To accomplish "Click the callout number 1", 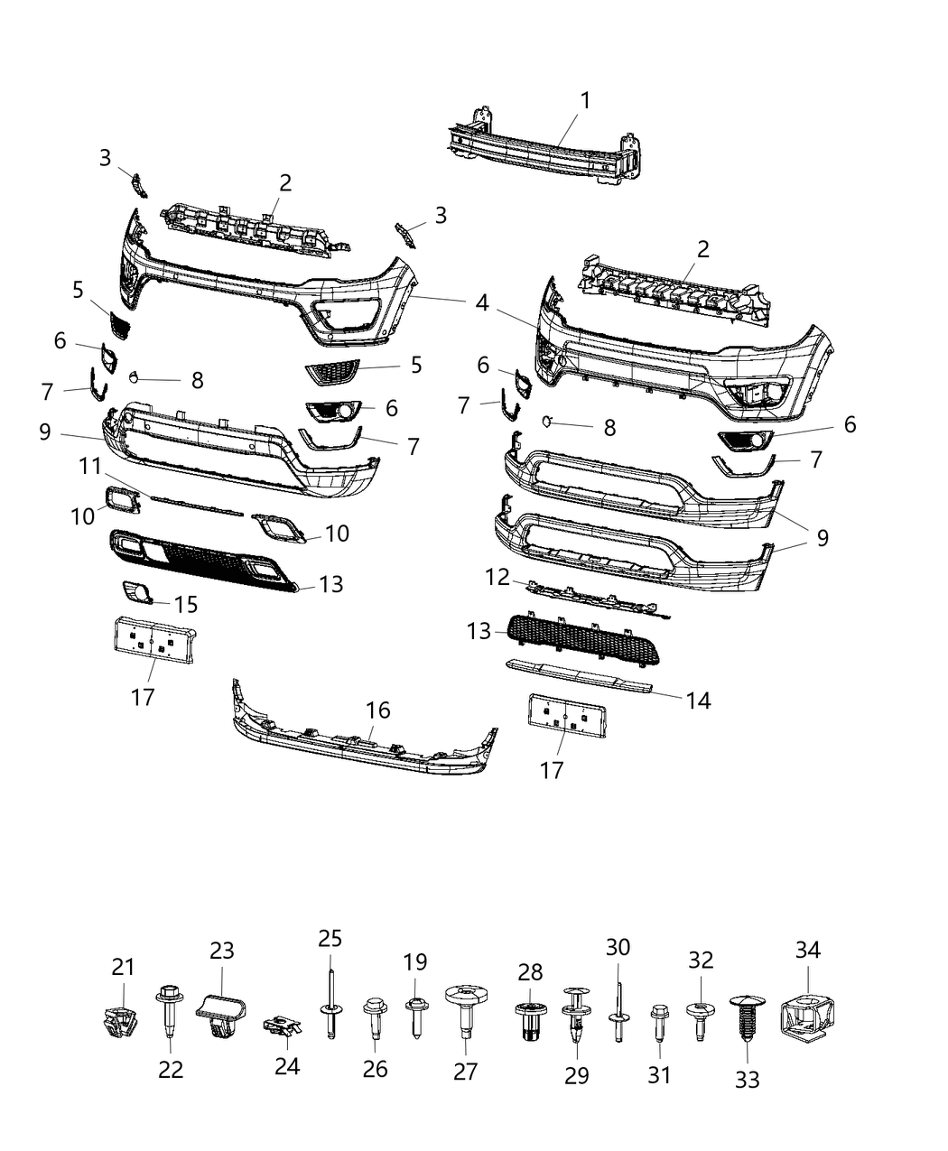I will pos(585,100).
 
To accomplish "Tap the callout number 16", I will pos(378,710).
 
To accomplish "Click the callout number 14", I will pos(698,700).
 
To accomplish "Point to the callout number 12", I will pos(497,577).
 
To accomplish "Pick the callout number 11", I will pos(88,468).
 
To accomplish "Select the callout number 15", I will pos(186,604).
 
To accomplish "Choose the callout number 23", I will pos(222,950).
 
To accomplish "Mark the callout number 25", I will pos(330,938).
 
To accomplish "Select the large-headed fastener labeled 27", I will pos(466,1007).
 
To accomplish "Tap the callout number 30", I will pos(618,947).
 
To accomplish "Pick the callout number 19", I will pos(415,962).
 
